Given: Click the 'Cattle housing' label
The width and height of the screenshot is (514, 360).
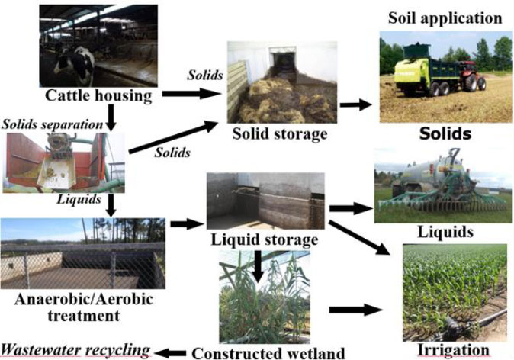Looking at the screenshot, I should pyautogui.click(x=98, y=95).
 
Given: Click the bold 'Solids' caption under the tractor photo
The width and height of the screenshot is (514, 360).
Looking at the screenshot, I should pyautogui.click(x=445, y=134).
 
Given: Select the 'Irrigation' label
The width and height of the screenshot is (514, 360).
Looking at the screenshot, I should pyautogui.click(x=453, y=350).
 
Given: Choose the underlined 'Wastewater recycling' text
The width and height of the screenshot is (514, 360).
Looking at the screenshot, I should pyautogui.click(x=75, y=349).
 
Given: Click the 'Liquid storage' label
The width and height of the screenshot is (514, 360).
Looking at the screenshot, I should pyautogui.click(x=264, y=239).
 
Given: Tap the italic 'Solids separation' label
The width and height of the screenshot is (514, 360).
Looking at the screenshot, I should pyautogui.click(x=51, y=124).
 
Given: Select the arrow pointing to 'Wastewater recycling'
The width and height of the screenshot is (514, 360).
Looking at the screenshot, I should pyautogui.click(x=170, y=352).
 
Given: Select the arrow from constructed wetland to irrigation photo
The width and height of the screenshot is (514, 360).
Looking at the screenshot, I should pyautogui.click(x=357, y=310).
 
